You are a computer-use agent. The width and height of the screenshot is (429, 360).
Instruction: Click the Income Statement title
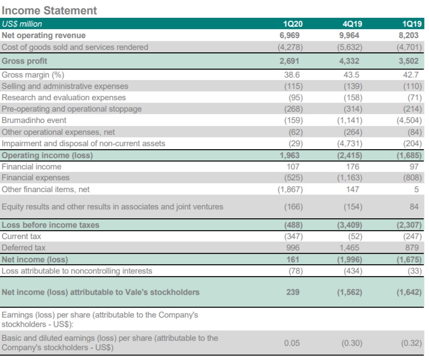pyautogui.click(x=49, y=10)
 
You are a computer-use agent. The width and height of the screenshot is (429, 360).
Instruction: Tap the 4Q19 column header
pyautogui.click(x=351, y=24)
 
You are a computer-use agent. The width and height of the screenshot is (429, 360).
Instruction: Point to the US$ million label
pyautogui.click(x=22, y=24)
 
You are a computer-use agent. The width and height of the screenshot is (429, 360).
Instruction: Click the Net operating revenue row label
pyautogui.click(x=43, y=35)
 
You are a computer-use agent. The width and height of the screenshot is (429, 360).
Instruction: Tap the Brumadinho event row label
pyautogui.click(x=34, y=120)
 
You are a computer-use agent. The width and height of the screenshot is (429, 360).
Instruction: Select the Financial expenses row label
pyautogui.click(x=36, y=177)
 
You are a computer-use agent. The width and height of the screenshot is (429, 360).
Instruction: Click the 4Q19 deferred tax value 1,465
pyautogui.click(x=351, y=247)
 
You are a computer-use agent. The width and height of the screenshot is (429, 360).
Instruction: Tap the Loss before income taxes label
pyautogui.click(x=50, y=225)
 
